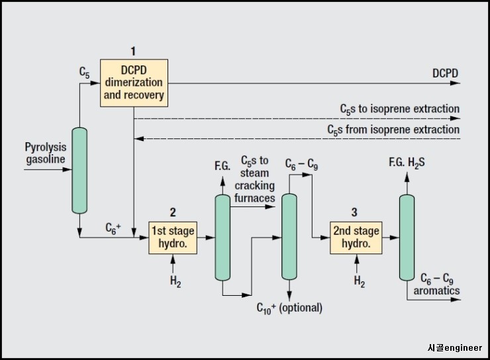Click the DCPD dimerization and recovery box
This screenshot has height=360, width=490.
tap(134, 83)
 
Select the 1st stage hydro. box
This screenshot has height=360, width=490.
tap(173, 237)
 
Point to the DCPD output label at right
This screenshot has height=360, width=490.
tap(445, 73)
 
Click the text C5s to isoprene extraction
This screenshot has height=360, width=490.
tap(399, 109)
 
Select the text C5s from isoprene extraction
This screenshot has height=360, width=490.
tap(393, 130)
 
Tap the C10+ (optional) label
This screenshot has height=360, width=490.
tap(289, 308)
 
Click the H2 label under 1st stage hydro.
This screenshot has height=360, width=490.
tap(173, 282)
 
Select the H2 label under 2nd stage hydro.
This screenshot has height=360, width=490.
tap(359, 282)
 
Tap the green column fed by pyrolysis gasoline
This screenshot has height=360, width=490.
tap(79, 170)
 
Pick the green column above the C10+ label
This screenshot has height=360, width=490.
tap(289, 237)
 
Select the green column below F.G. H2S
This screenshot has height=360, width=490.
tap(407, 237)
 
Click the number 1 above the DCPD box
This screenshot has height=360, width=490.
tap(132, 51)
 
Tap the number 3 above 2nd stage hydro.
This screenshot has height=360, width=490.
tap(354, 212)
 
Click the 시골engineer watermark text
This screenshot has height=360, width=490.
tap(454, 348)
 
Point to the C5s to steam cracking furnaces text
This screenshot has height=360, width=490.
tap(254, 179)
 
